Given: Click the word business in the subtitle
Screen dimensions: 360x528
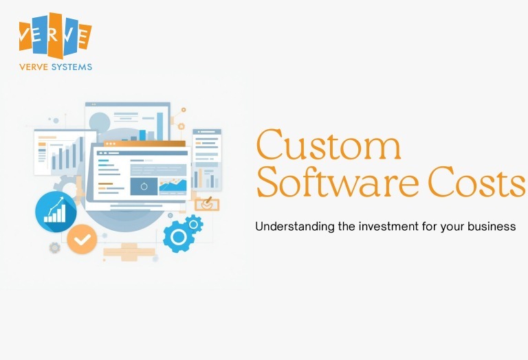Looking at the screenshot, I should click(489, 226).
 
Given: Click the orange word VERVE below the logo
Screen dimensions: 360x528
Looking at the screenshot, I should click(35, 67).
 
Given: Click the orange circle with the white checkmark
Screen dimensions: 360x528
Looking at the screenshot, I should click(82, 239).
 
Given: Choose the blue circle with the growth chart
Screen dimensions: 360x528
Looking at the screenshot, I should click(55, 212).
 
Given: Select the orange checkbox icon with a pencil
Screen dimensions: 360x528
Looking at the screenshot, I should click(206, 203).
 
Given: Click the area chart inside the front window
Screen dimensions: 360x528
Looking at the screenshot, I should click(173, 185).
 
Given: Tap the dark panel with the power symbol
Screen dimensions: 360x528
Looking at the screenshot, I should click(144, 185).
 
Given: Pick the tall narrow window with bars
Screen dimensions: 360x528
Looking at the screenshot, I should click(206, 159).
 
